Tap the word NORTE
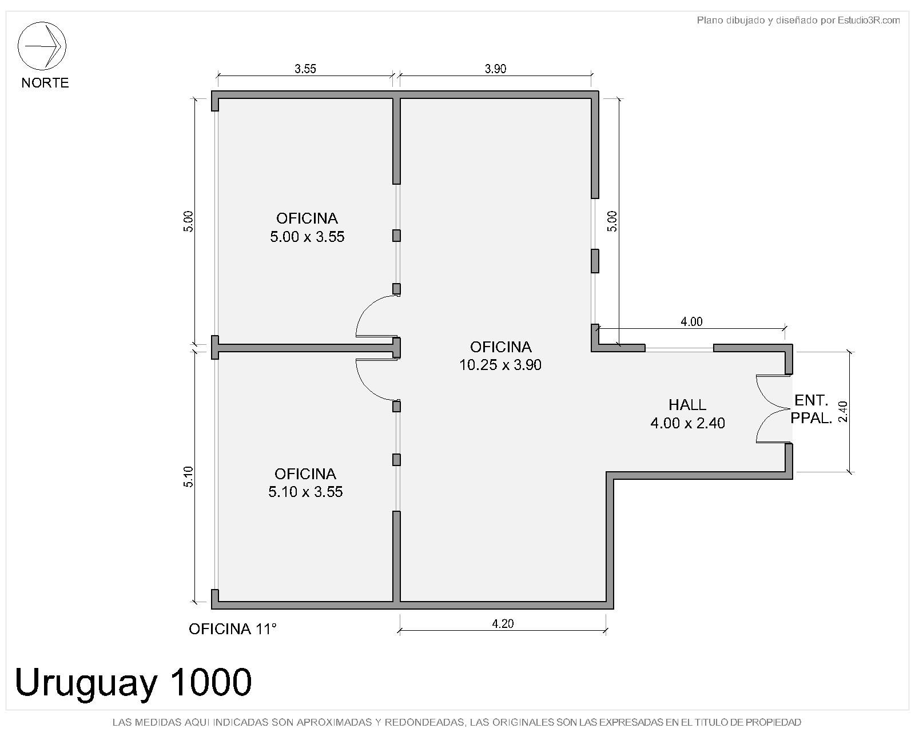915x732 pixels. (x=45, y=82)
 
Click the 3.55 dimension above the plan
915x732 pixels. (x=305, y=69)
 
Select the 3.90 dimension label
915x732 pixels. (x=495, y=69)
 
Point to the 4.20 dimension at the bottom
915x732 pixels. (x=503, y=623)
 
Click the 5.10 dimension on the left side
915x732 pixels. (x=188, y=476)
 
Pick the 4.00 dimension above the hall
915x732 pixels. (x=691, y=321)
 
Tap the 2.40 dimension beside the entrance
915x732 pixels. (x=842, y=412)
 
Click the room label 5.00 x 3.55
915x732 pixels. (x=307, y=237)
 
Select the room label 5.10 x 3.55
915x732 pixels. (x=305, y=492)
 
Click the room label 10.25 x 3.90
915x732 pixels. (x=500, y=364)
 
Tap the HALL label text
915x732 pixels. (x=687, y=404)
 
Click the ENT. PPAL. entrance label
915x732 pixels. (x=811, y=409)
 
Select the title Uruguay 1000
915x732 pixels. (x=133, y=682)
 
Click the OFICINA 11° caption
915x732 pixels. (x=233, y=629)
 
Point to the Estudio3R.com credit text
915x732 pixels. (x=869, y=20)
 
